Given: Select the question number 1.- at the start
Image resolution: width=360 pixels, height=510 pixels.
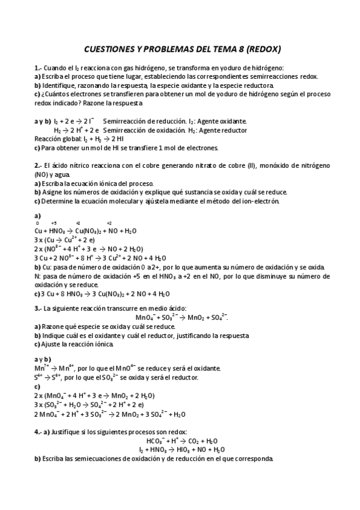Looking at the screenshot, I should click(x=38, y=68).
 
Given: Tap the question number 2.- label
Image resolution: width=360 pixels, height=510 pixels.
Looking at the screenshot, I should click(x=38, y=165).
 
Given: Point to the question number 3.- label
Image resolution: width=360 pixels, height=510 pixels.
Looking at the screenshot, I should click(x=38, y=308).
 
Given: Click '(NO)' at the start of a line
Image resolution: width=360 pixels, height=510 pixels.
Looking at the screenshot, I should click(x=42, y=174).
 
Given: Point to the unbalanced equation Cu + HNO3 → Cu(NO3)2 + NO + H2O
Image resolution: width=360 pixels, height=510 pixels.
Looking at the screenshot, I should click(x=86, y=230).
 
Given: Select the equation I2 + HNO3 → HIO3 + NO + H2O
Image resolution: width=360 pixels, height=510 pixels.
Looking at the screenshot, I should click(x=182, y=449).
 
